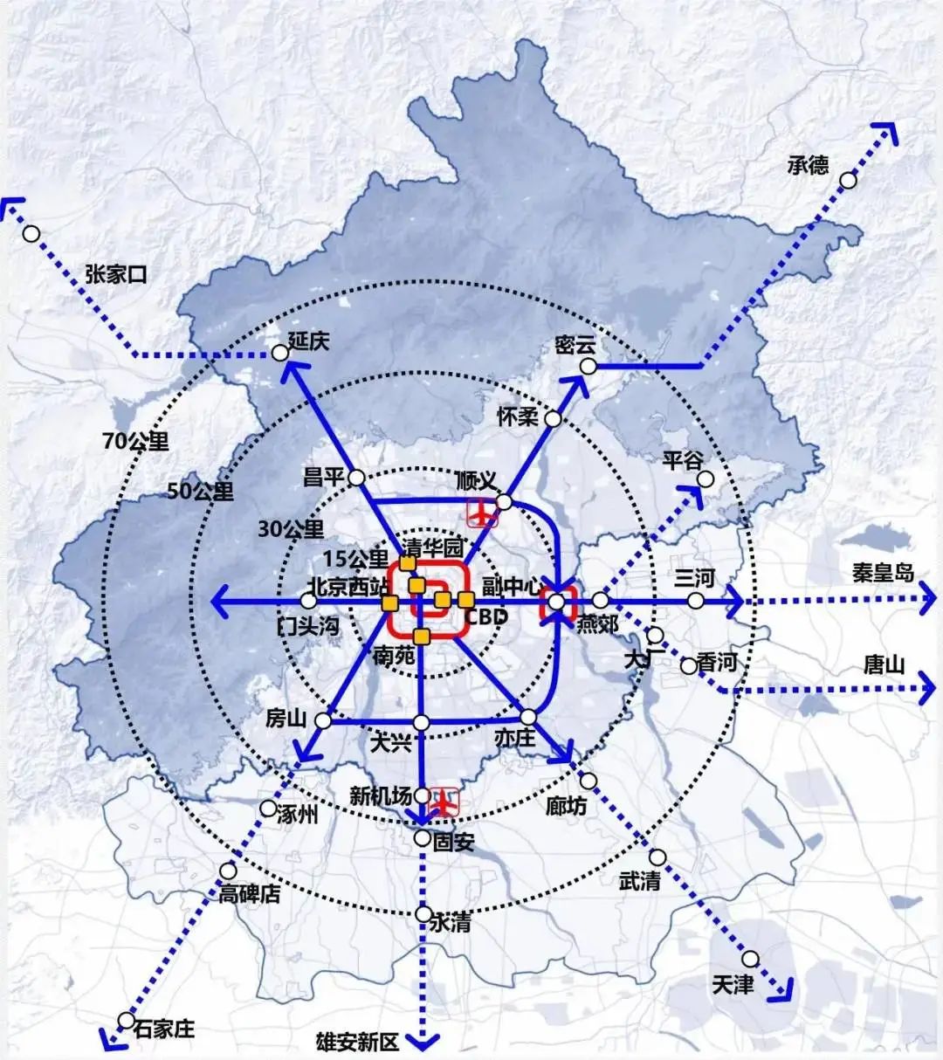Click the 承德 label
point(808,165)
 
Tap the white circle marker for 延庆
point(279,353)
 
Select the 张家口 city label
point(116,274)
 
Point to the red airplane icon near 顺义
point(482,513)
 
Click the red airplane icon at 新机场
point(445,800)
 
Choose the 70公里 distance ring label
point(135,442)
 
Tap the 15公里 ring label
point(355,560)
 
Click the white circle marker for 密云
point(589,367)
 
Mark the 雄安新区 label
point(357,1042)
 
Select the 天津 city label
point(733,985)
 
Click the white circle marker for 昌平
point(356,478)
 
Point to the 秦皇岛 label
point(884,573)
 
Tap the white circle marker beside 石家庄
point(127,1020)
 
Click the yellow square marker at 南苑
point(422,637)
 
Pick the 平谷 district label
point(683,460)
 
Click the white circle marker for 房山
point(323,720)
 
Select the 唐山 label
point(884,665)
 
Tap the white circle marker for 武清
point(657,857)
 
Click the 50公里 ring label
point(201,491)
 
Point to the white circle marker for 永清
point(423,914)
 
